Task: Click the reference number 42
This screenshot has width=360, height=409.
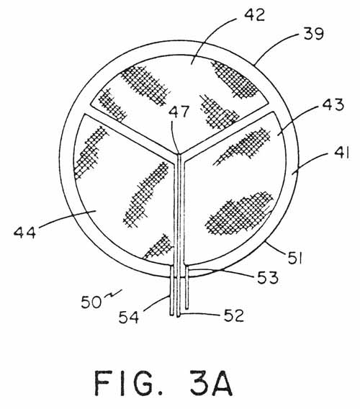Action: point(254,15)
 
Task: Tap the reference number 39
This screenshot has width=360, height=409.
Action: point(314,34)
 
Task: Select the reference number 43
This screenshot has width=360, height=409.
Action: point(333,105)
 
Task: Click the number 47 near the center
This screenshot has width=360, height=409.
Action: point(179,112)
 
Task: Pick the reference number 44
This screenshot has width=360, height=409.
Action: point(24,232)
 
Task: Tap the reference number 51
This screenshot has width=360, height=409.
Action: point(295,258)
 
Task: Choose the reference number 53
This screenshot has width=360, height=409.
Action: point(268,277)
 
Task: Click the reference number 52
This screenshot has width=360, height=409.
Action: point(234,315)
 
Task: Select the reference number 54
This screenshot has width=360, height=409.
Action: point(129,318)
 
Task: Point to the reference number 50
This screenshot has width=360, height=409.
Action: point(91,302)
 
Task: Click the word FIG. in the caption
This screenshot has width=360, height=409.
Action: point(129,383)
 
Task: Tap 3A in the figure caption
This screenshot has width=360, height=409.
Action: point(211,383)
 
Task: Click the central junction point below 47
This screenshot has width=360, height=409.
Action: point(179,154)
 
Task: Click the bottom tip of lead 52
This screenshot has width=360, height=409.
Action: point(179,316)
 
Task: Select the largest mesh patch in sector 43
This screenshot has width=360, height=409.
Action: point(240,213)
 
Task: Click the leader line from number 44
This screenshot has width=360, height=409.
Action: point(67,219)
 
